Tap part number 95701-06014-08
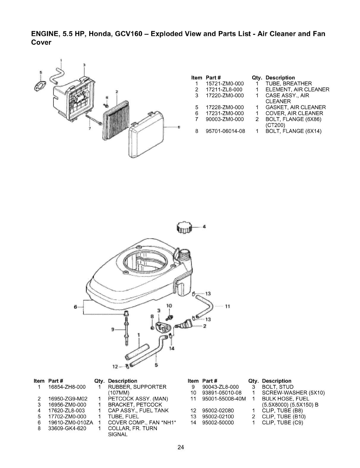pyautogui.click(x=225, y=131)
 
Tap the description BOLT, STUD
pyautogui.click(x=278, y=387)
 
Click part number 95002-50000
pyautogui.click(x=218, y=422)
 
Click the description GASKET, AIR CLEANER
pyautogui.click(x=295, y=107)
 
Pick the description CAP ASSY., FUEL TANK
pyautogui.click(x=138, y=410)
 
